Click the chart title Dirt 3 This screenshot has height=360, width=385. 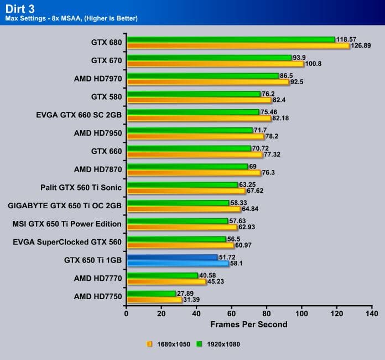[x=21, y=8]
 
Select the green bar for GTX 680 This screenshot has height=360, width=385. [x=231, y=39]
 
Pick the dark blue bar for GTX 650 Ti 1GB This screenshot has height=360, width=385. [x=172, y=258]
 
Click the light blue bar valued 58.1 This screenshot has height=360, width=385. [x=177, y=264]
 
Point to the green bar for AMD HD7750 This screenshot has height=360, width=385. [x=151, y=294]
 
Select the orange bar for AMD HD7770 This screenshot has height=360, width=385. [x=166, y=282]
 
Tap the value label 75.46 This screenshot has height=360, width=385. [x=270, y=112]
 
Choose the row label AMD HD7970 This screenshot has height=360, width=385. [x=97, y=79]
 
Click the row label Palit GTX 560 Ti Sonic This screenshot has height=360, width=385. [x=81, y=187]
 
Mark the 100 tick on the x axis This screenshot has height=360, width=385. [x=301, y=313]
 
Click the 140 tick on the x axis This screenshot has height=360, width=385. [x=371, y=313]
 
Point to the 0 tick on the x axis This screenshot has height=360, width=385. [x=127, y=313]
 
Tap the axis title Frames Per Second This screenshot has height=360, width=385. [x=249, y=324]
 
